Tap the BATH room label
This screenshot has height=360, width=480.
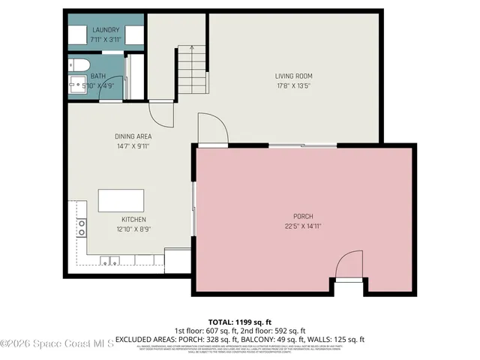coord(99,76)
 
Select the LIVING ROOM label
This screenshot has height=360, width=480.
coord(293,76)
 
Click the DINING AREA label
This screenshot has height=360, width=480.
coord(133,136)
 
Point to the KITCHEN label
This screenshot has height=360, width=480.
coord(133,220)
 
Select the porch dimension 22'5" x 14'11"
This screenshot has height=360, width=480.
coord(303,226)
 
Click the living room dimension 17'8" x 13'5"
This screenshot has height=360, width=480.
coord(293,85)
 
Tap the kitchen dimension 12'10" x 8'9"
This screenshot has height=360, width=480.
coord(133,229)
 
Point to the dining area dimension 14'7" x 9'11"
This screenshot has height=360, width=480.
coord(133,145)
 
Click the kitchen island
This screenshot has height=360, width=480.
coord(121,201)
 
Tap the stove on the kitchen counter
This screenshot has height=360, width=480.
coord(80,227)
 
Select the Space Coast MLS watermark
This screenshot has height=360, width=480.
coord(57,343)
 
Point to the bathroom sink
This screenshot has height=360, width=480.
coord(77,82)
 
